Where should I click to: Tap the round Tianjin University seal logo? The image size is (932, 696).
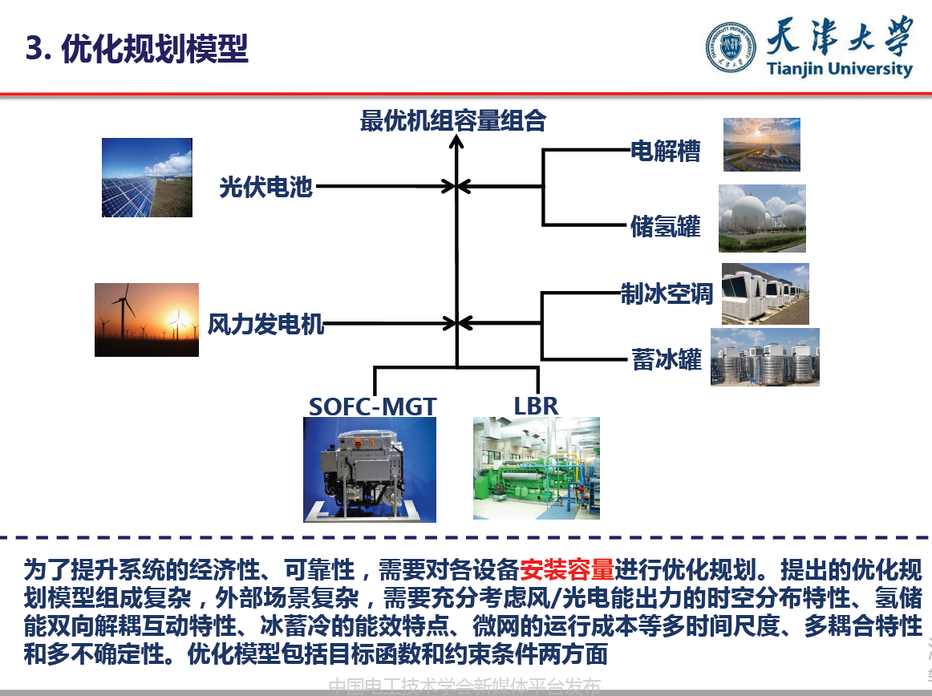(730, 47)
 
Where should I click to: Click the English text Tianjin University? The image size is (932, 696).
(839, 69)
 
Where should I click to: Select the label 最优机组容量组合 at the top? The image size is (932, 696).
(453, 121)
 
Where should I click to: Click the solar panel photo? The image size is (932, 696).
(147, 177)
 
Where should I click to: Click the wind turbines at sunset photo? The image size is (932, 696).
(146, 319)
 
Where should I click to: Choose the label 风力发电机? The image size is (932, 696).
(265, 324)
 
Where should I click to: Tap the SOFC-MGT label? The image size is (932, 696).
(372, 406)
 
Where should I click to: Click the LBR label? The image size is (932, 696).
(536, 406)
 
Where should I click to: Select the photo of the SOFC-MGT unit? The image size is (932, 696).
(369, 469)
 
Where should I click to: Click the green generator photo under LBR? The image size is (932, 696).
(536, 468)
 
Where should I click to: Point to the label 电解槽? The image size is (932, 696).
(666, 151)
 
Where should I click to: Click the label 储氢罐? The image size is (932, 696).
(666, 227)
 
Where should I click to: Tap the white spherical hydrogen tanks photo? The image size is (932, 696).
(761, 218)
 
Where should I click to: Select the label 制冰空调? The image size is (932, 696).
(666, 293)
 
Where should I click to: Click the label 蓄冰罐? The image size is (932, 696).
(666, 359)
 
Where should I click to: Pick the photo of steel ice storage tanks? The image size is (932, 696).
(764, 357)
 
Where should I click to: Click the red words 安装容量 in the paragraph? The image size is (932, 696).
(566, 570)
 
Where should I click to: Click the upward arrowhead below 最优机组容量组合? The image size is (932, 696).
(456, 144)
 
